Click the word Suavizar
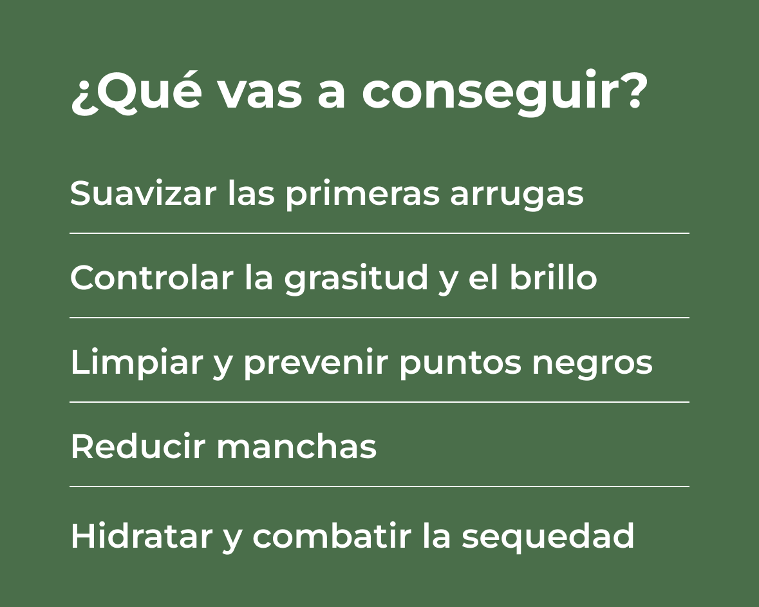click(143, 193)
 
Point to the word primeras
click(362, 195)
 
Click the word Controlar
click(151, 278)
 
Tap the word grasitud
click(356, 279)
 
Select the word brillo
click(553, 278)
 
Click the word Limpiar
click(136, 363)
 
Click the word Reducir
click(138, 446)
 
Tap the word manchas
click(296, 446)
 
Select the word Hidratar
click(142, 535)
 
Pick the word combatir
click(332, 535)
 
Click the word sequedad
click(547, 537)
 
